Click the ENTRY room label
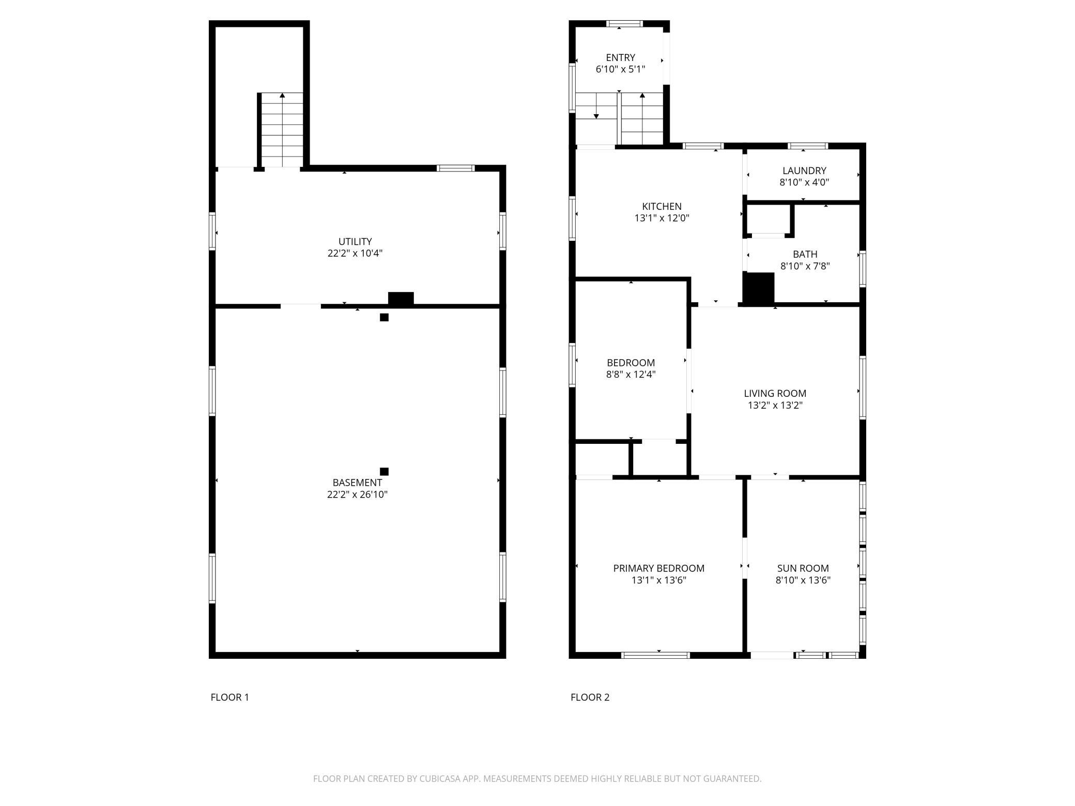pyautogui.click(x=620, y=57)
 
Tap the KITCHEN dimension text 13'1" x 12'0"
pyautogui.click(x=662, y=218)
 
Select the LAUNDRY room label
pyautogui.click(x=804, y=171)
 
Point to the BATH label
pyautogui.click(x=805, y=254)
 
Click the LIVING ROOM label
pyautogui.click(x=775, y=393)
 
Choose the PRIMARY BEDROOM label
pyautogui.click(x=659, y=568)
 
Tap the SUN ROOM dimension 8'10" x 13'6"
pyautogui.click(x=803, y=580)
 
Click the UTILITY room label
pyautogui.click(x=355, y=241)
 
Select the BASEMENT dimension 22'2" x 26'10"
pyautogui.click(x=357, y=494)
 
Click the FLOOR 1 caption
pyautogui.click(x=230, y=697)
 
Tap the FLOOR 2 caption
pyautogui.click(x=590, y=697)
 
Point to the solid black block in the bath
pyautogui.click(x=759, y=288)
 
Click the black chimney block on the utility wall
pyautogui.click(x=401, y=299)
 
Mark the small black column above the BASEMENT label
pyautogui.click(x=384, y=471)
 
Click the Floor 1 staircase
pyautogui.click(x=282, y=130)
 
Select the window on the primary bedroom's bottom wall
pyautogui.click(x=655, y=655)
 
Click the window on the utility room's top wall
pyautogui.click(x=456, y=168)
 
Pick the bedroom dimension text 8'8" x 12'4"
pyautogui.click(x=631, y=375)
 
